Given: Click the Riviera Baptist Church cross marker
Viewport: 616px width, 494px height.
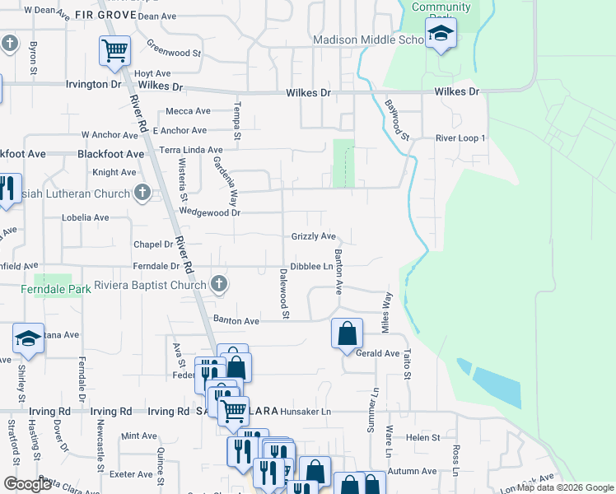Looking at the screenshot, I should click(x=219, y=285).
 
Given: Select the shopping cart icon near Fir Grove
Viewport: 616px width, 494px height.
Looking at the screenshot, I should click(x=114, y=51).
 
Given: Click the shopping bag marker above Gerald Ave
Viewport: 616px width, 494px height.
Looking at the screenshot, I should click(x=347, y=333).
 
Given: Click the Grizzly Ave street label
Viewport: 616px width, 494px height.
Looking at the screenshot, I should click(x=314, y=236).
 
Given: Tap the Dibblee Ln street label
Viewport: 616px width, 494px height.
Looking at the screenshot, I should click(x=316, y=267).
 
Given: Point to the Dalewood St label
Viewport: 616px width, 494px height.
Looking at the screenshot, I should click(x=284, y=293).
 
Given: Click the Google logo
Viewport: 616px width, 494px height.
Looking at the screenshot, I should click(x=27, y=484).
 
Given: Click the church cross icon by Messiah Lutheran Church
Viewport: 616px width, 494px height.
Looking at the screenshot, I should click(x=142, y=193).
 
